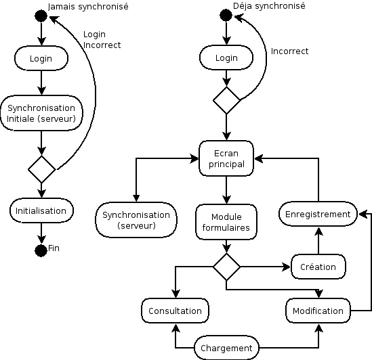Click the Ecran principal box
pos(226,158)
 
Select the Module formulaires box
pos(226,222)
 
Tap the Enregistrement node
pos(318,214)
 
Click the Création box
pos(318,267)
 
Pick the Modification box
pos(318,311)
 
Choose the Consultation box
pos(175,311)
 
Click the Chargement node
pos(226,348)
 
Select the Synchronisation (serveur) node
pos(136,220)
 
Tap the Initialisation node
pos(41,210)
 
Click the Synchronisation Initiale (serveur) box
pos(41,113)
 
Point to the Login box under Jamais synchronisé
pos(41,58)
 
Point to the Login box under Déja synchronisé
pos(226,58)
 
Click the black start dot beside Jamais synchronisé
pos(41,16)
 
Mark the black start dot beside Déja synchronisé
pos(226,16)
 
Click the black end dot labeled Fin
pos(41,250)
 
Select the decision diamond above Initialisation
pos(41,169)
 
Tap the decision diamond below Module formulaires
pos(226,267)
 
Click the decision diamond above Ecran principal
pos(226,100)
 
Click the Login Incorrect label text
pos(102,39)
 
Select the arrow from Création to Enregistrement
pos(318,241)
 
